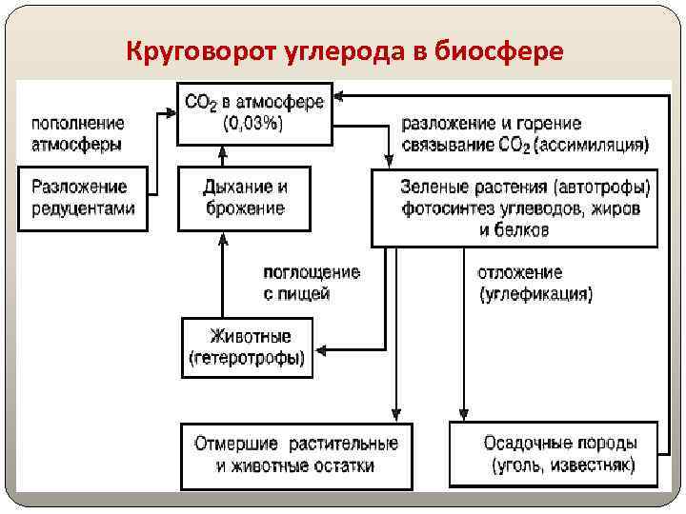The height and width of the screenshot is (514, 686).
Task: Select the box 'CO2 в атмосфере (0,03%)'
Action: coord(253,113)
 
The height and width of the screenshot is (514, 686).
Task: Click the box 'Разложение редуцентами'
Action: coord(83,198)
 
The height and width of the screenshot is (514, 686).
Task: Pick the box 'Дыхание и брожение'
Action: coord(245,198)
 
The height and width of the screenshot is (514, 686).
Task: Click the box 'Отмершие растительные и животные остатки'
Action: coord(296,455)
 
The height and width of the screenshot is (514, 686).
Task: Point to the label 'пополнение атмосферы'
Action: coord(78,134)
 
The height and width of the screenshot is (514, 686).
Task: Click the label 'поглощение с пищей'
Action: coord(312,283)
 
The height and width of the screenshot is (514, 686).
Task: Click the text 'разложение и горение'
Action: coord(492,124)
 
